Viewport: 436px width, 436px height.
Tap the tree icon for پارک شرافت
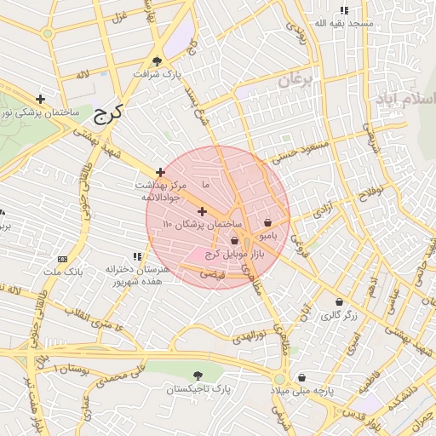click(x=157, y=60)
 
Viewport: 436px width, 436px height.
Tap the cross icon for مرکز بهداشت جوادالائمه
click(x=159, y=172)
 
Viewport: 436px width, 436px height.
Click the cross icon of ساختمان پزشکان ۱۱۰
click(x=202, y=211)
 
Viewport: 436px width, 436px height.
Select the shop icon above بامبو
click(x=268, y=222)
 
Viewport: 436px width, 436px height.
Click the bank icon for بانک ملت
click(x=62, y=259)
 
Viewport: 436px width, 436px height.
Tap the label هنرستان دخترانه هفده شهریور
click(x=137, y=275)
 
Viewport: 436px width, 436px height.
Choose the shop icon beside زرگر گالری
click(x=340, y=302)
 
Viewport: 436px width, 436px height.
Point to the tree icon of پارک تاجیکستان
click(x=198, y=376)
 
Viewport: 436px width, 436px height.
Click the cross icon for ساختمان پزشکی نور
click(x=40, y=99)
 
